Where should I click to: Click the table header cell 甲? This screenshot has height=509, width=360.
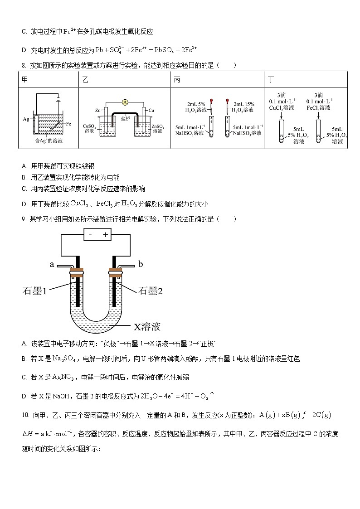(x=25, y=80)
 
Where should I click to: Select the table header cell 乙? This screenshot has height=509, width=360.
(x=85, y=80)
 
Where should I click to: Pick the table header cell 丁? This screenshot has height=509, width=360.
(x=271, y=80)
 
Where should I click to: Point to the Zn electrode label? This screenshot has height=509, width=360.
(x=97, y=110)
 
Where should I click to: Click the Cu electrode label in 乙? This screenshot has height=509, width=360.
(x=151, y=110)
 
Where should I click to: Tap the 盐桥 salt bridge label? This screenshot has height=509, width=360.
(x=125, y=118)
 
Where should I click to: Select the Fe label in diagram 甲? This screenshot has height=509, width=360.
(x=68, y=123)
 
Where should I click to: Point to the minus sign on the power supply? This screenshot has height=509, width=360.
(x=91, y=235)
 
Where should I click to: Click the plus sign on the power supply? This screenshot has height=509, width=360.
(x=106, y=235)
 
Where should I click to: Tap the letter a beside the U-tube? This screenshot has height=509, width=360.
(x=52, y=264)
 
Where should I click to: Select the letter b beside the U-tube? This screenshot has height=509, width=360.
(x=140, y=264)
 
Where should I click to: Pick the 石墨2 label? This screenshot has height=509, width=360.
(x=150, y=291)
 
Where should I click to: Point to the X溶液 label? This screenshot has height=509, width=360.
(x=147, y=326)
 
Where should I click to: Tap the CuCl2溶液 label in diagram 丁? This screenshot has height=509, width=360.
(x=282, y=108)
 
